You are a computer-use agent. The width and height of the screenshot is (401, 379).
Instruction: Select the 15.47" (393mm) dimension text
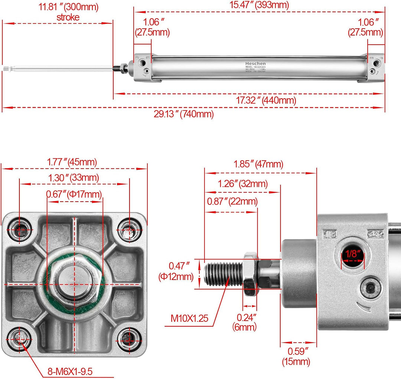point(259,5)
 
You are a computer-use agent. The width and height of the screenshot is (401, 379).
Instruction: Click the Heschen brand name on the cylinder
point(255,63)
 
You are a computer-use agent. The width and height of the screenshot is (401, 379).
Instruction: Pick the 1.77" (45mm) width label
point(72,162)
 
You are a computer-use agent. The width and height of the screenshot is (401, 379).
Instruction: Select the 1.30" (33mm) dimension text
point(74,178)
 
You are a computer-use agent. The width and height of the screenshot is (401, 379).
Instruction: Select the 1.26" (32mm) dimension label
point(242,184)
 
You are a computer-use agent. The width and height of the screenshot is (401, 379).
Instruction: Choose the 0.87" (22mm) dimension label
point(232,201)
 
